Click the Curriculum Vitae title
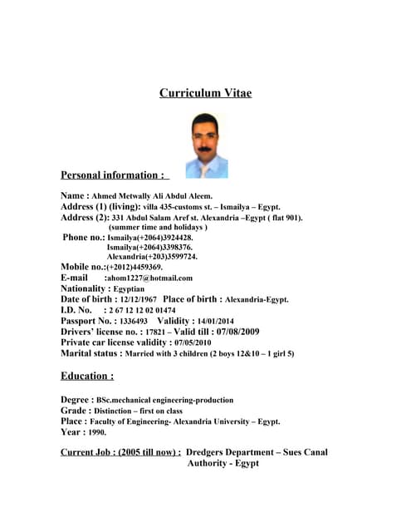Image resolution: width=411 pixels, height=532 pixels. pos(205,93)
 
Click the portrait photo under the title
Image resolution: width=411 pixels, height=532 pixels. pos(206,145)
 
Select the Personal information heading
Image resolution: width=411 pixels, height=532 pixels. pos(113,175)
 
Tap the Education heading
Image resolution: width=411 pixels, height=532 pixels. pos(87,376)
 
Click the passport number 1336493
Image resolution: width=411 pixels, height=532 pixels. pos(134,321)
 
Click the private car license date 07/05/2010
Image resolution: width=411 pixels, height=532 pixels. pos(192,342)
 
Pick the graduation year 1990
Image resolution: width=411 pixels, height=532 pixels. pos(95,432)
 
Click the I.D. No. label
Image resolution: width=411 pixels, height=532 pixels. pos(76,310)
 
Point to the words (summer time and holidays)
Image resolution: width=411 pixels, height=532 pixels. pos(158,227)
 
